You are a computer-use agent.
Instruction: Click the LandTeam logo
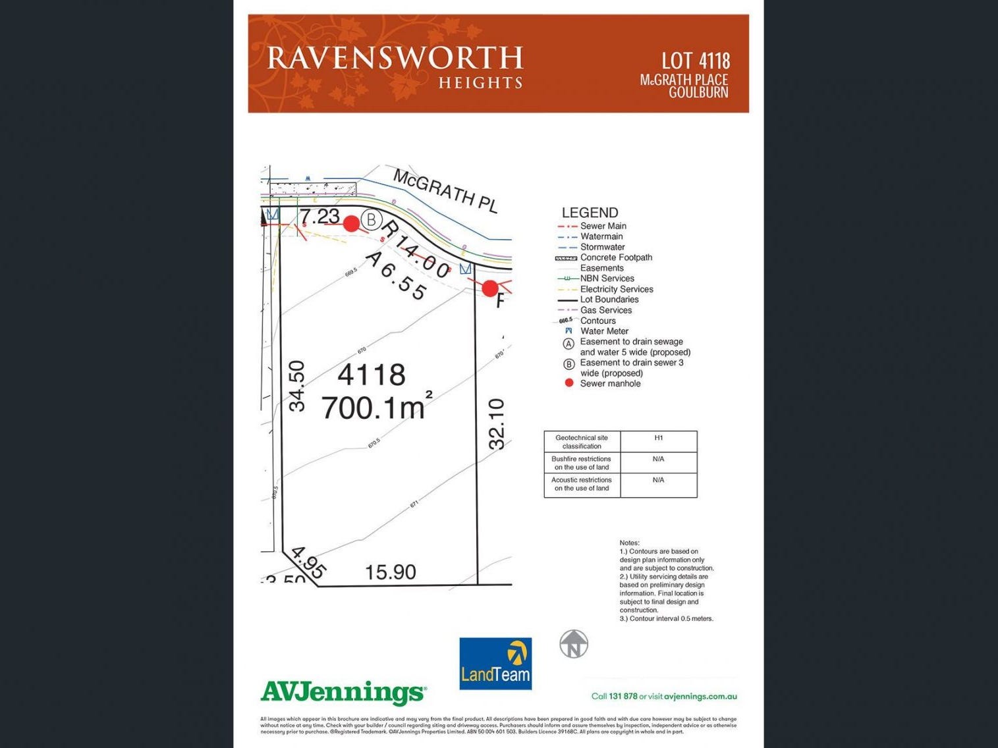pos(495,663)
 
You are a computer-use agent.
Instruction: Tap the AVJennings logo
pos(343,693)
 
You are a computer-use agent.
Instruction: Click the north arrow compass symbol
pos(574,644)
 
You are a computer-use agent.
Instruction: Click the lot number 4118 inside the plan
pos(372,375)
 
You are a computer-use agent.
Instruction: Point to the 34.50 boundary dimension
pos(297,386)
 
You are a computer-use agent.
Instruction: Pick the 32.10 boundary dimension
pos(497,424)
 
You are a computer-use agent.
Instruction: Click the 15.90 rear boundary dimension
pos(391,572)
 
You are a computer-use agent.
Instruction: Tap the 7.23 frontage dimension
pos(319,216)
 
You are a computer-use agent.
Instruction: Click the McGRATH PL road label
pos(445,190)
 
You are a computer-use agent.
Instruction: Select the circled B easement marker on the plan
pos(372,219)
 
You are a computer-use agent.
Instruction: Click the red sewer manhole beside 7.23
pos(352,224)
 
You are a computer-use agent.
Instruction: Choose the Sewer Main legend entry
pos(603,226)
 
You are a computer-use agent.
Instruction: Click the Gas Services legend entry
pos(605,310)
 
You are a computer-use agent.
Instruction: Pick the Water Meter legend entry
pos(604,331)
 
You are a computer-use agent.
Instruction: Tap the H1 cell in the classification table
pos(658,438)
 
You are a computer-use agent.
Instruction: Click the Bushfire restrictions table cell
pos(582,463)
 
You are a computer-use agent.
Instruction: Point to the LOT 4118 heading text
pos(696,61)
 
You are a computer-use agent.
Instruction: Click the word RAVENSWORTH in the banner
pos(395,58)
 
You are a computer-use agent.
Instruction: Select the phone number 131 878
pos(623,696)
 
